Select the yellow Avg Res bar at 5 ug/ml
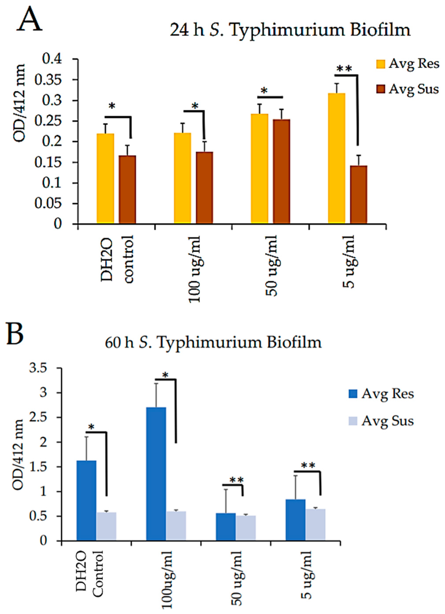click(336, 158)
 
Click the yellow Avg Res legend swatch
click(381, 65)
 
